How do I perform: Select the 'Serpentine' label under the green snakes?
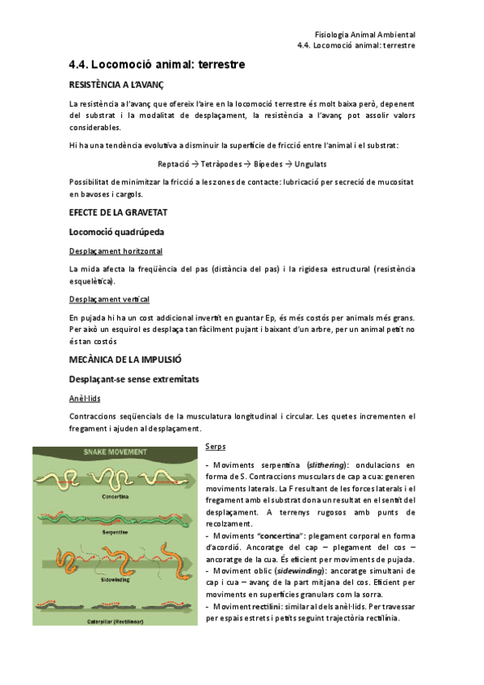pyautogui.click(x=114, y=533)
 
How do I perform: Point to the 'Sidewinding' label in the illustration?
pyautogui.click(x=114, y=579)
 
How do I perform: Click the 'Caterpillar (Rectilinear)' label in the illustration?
pyautogui.click(x=114, y=621)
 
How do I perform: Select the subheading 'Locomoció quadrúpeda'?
pyautogui.click(x=120, y=233)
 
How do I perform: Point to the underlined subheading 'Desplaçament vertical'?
pyautogui.click(x=109, y=299)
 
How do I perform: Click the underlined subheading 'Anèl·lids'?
pyautogui.click(x=85, y=398)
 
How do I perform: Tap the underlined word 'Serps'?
pyautogui.click(x=216, y=446)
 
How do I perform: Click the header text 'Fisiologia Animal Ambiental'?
pyautogui.click(x=364, y=35)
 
